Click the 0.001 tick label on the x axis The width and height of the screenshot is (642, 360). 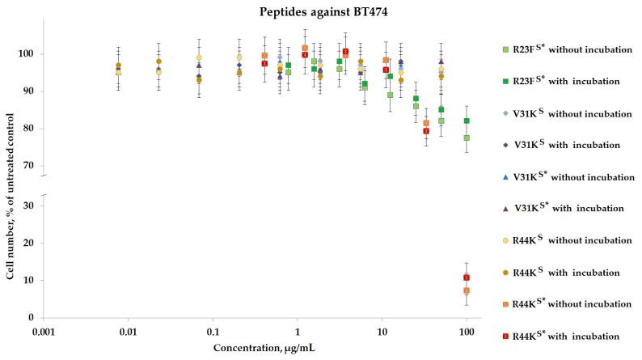click(44, 332)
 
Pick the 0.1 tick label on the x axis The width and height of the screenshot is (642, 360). click(213, 332)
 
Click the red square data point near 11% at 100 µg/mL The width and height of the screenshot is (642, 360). click(467, 277)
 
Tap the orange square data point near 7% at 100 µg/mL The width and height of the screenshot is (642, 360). click(467, 290)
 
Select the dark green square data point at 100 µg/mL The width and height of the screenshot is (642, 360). click(467, 121)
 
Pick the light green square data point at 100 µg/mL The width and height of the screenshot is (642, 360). click(467, 138)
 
